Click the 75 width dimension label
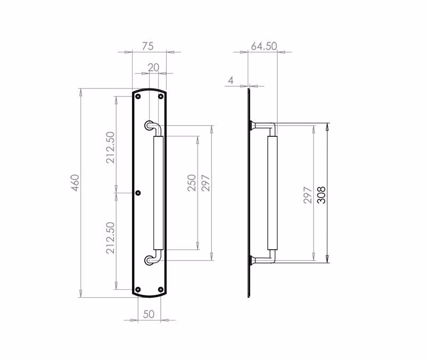148,46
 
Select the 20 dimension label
153,68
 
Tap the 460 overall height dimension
75,183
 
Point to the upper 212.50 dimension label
111,148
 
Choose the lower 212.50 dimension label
111,238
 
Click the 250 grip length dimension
192,183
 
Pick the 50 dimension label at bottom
149,314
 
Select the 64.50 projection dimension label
264,46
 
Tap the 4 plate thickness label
231,81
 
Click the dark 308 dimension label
322,195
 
